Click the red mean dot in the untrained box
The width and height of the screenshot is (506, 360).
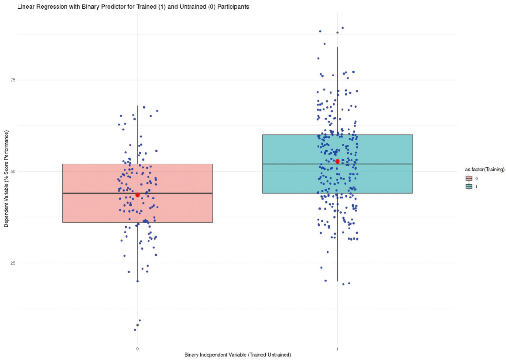tap(137, 195)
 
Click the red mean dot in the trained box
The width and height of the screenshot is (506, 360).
tap(337, 162)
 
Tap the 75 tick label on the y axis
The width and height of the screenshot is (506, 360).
tap(13, 80)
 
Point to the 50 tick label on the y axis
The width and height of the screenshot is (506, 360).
tap(13, 171)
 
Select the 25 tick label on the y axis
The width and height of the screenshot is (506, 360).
tap(13, 263)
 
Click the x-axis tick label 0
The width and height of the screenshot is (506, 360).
tap(137, 349)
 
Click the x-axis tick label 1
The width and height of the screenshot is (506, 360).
tap(337, 349)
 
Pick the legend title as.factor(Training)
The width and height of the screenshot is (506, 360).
tap(485, 169)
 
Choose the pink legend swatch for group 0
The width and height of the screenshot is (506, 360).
tap(469, 178)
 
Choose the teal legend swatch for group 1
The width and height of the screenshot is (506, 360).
tap(469, 186)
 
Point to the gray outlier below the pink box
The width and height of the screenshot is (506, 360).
tap(137, 325)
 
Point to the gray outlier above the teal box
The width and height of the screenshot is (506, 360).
tap(337, 32)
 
